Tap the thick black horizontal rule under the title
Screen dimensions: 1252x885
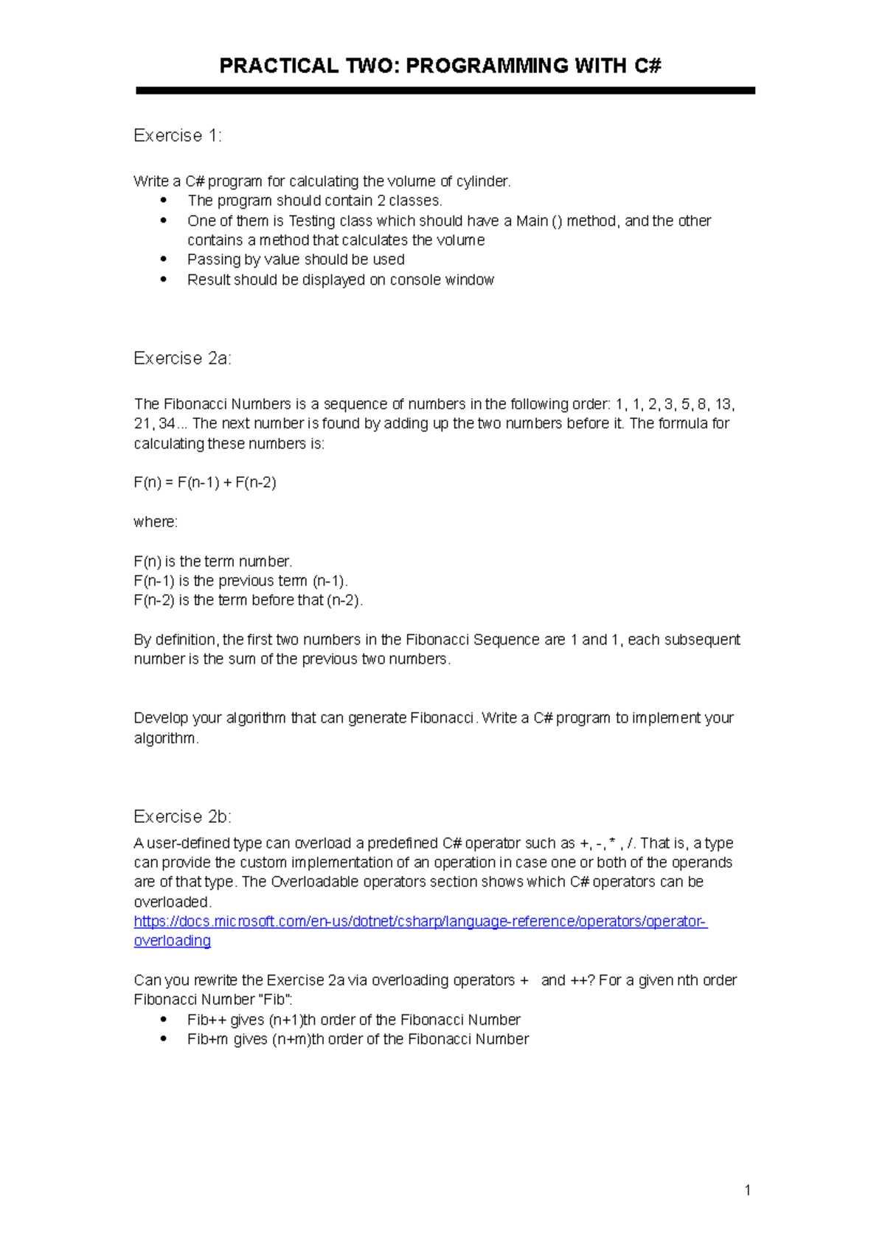[x=445, y=91]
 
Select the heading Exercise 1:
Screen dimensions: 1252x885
[x=178, y=136]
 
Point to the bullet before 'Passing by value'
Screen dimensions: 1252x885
[x=164, y=260]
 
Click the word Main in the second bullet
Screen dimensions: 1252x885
[x=532, y=221]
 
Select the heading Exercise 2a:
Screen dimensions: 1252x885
[x=182, y=358]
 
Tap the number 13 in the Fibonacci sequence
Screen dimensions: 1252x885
[x=723, y=404]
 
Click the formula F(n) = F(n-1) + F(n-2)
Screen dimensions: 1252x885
[x=205, y=483]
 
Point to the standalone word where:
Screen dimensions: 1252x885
[x=156, y=522]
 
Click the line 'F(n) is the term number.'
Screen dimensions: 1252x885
[x=213, y=562]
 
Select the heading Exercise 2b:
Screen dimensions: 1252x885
[x=182, y=817]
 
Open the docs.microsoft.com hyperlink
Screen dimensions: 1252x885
[x=420, y=922]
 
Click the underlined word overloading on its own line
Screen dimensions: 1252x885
[x=173, y=942]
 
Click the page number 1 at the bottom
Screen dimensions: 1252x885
[x=748, y=1190]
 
